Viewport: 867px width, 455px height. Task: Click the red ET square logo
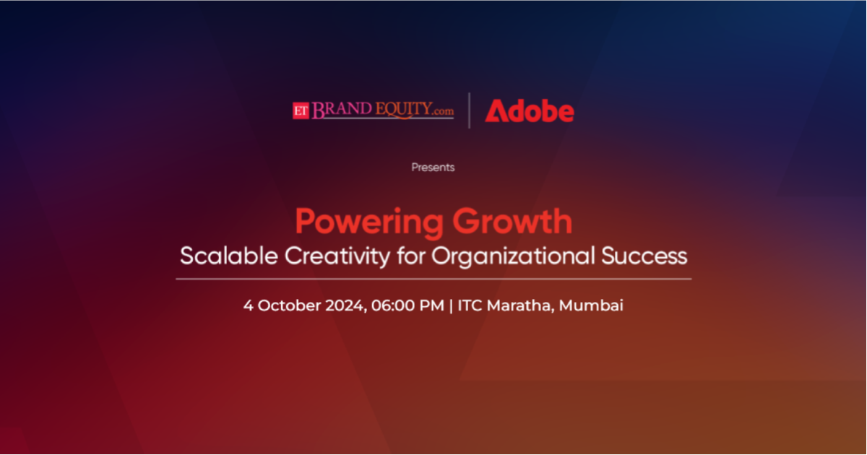click(301, 111)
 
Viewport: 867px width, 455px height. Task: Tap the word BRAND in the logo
click(341, 110)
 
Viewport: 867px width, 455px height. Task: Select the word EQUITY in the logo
click(403, 110)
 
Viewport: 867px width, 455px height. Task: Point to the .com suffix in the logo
click(443, 111)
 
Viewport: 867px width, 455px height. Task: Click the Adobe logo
click(530, 110)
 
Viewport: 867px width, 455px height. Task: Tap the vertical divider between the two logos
click(469, 110)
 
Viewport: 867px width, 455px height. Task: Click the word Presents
click(433, 168)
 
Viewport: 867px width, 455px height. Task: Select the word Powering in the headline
click(369, 222)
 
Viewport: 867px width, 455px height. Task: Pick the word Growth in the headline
click(512, 221)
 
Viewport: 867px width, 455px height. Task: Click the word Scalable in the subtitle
click(229, 256)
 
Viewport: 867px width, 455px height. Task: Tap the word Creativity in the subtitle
click(337, 257)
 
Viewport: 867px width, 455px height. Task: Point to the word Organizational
click(513, 257)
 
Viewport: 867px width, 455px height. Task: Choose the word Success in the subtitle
click(644, 256)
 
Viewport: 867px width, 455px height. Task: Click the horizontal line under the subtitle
click(433, 279)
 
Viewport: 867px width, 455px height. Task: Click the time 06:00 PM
click(407, 305)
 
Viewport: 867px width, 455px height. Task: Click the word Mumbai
click(591, 305)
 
